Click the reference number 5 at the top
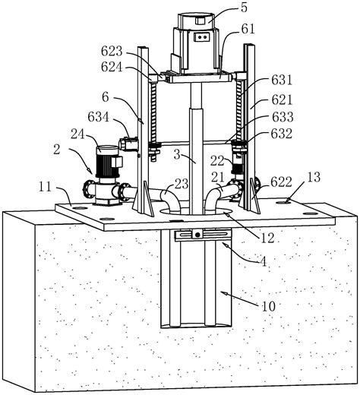tap(244, 8)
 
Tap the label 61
tap(248, 29)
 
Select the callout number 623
tap(112, 52)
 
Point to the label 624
tap(112, 68)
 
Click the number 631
tap(282, 81)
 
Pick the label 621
tap(282, 100)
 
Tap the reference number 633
tap(283, 117)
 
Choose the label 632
tap(282, 134)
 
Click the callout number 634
tap(99, 117)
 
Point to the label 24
tap(77, 134)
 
